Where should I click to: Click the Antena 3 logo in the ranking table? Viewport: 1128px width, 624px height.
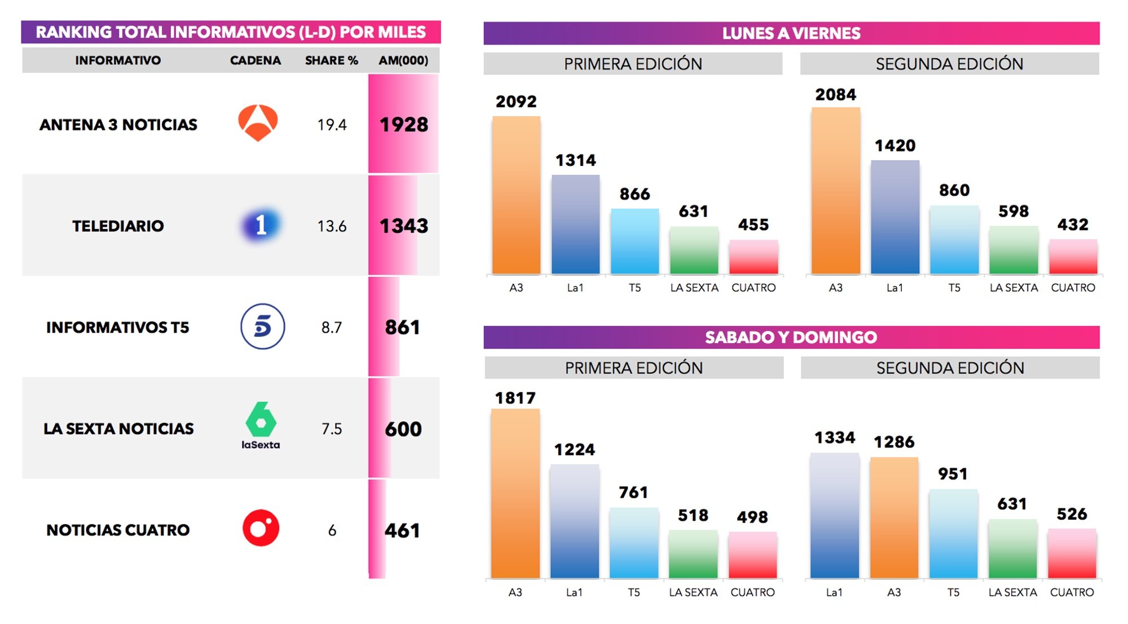pos(258,123)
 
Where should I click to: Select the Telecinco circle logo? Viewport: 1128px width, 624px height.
pos(262,327)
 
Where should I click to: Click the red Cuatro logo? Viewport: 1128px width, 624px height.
pos(261,528)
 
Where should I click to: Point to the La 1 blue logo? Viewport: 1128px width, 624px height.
pos(260,225)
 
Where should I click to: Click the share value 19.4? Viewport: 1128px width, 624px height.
pos(332,125)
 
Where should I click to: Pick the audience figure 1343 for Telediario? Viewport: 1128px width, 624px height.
pos(403,226)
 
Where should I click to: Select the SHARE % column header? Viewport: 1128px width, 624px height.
pos(331,60)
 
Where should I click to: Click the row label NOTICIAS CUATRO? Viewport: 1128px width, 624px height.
pos(118,530)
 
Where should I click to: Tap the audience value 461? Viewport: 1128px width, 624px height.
pos(402,531)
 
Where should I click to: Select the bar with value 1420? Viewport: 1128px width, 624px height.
pos(895,217)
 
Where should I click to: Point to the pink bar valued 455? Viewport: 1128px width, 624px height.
pos(754,257)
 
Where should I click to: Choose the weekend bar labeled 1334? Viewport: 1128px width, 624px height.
pos(834,516)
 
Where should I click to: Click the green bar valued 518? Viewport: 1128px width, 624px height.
pos(693,554)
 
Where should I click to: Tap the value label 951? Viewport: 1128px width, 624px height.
pos(953,474)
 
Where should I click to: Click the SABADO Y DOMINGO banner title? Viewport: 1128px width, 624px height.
pos(791,337)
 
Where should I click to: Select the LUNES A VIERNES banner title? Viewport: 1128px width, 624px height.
pos(791,33)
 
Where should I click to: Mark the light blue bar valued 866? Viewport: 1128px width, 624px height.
pos(634,241)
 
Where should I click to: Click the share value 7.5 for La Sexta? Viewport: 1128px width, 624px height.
pos(332,429)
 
